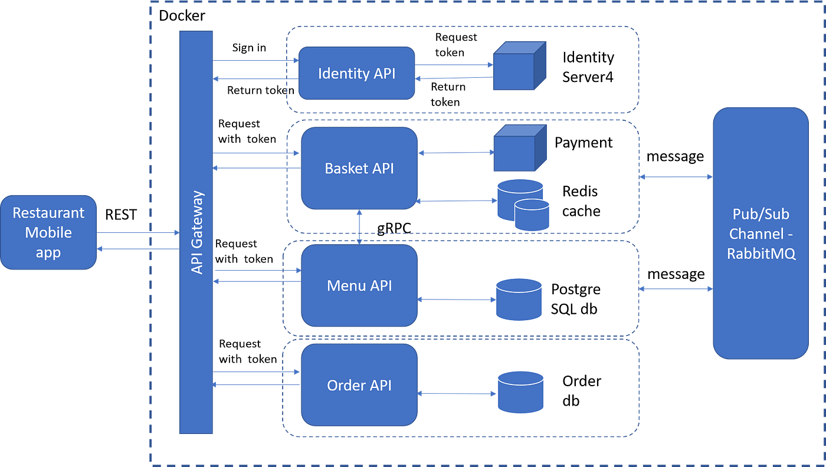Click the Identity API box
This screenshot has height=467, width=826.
click(x=356, y=74)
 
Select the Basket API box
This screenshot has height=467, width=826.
click(x=359, y=168)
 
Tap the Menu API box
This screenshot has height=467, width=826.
click(x=359, y=286)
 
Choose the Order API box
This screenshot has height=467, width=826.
click(x=359, y=385)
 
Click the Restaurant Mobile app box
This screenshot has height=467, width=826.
click(x=48, y=232)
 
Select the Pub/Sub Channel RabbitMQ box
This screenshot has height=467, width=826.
click(x=760, y=233)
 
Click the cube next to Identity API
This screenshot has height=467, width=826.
click(x=520, y=66)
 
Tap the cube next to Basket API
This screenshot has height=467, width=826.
click(x=520, y=148)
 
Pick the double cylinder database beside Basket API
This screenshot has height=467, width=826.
click(x=522, y=203)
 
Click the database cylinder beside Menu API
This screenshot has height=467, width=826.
click(x=519, y=299)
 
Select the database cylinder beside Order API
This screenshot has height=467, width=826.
click(x=520, y=392)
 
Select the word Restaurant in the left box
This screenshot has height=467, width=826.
click(x=48, y=213)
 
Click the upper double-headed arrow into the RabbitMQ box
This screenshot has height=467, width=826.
click(x=676, y=176)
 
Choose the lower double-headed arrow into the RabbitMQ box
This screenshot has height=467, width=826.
click(x=676, y=289)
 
